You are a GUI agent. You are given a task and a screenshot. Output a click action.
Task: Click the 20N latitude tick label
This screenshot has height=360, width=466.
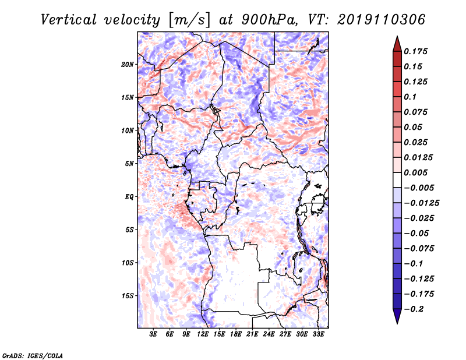point(128,65)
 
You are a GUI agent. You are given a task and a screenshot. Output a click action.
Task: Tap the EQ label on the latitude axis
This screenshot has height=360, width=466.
point(129,197)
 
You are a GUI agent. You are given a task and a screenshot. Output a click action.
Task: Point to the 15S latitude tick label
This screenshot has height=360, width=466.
point(128,296)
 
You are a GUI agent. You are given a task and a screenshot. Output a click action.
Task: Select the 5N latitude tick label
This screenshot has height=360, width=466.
point(129,164)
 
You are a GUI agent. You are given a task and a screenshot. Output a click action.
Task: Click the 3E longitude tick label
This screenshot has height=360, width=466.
point(153,334)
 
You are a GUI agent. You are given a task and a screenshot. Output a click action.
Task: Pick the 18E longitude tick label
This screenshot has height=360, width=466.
point(236,334)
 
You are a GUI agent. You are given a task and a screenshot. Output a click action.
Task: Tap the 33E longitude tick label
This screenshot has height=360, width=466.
point(318,334)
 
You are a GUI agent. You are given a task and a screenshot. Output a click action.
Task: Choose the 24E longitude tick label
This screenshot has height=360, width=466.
point(269,334)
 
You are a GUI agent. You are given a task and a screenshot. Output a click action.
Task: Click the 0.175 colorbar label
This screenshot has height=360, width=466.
point(415,51)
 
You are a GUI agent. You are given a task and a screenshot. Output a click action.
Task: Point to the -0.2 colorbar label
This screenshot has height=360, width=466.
point(414,309)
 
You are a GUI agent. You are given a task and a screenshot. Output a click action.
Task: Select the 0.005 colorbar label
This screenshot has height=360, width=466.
point(415,172)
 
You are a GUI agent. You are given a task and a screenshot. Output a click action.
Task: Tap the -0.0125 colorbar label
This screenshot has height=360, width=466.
point(421,203)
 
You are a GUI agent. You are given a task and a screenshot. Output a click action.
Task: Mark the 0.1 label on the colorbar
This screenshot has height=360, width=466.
point(410,97)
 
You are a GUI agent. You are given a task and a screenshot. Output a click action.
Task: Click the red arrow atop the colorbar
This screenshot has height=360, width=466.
point(397,44)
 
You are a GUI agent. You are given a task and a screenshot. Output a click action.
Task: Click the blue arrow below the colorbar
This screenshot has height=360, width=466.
point(397,316)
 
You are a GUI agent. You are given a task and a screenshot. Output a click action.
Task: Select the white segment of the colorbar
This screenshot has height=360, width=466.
point(397,180)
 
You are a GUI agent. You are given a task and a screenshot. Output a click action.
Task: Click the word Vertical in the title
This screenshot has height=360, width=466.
point(69,20)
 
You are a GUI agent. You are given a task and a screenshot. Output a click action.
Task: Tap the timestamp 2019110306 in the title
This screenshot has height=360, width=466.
point(382,20)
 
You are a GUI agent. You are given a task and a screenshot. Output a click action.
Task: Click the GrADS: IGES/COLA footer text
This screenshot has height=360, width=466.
point(33,355)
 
